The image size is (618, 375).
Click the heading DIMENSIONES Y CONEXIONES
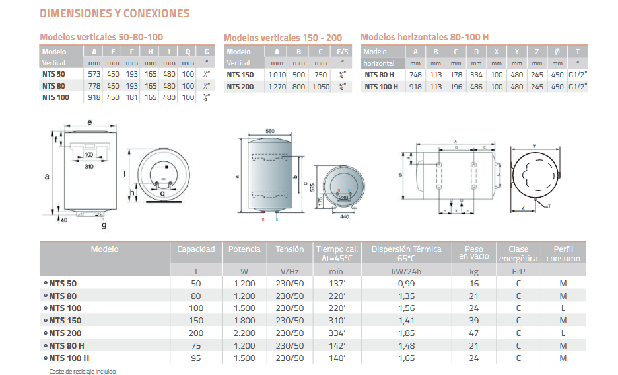tap(114, 13)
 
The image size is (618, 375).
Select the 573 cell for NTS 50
tap(94, 74)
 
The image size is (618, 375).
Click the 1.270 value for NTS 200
tap(277, 86)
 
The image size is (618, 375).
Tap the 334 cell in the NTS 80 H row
tap(477, 75)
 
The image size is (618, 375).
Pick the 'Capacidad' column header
tap(196, 249)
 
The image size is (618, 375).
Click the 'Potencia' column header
tap(244, 249)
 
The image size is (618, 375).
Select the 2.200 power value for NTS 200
tap(244, 333)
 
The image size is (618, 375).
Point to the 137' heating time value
tap(337, 283)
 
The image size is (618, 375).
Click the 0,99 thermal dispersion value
tap(406, 283)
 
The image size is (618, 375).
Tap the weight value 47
tap(473, 333)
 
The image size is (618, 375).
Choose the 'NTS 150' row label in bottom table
tap(65, 321)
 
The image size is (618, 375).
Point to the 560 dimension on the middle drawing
tap(269, 131)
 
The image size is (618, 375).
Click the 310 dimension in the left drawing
tap(90, 166)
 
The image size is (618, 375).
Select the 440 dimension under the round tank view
tap(344, 216)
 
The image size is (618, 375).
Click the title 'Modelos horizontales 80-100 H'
tap(425, 37)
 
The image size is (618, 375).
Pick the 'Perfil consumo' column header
tap(563, 254)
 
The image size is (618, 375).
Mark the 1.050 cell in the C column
tap(320, 86)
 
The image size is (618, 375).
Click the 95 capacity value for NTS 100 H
tap(196, 358)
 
